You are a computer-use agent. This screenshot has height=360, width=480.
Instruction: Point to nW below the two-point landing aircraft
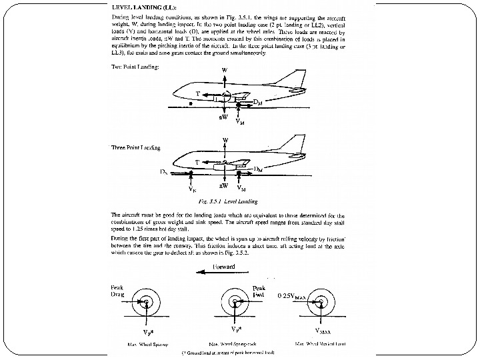pyautogui.click(x=224, y=118)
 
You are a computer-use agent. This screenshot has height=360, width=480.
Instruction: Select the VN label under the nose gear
pyautogui.click(x=192, y=189)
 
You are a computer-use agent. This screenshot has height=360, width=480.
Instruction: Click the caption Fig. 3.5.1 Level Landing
pyautogui.click(x=224, y=200)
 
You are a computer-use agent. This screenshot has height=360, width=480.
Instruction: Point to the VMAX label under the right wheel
pyautogui.click(x=322, y=329)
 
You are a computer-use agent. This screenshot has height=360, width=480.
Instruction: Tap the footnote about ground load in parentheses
pyautogui.click(x=231, y=353)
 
